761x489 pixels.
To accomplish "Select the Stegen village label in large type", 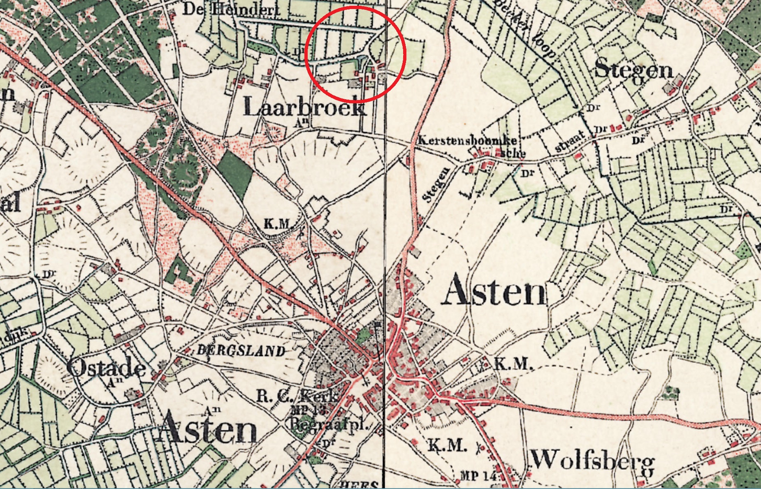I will [x=634, y=70].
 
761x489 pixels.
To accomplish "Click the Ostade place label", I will [x=106, y=367].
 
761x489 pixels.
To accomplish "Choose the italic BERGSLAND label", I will [x=241, y=351].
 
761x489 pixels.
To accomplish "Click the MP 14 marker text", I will [x=478, y=476].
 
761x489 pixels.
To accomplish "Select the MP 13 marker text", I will [x=308, y=410].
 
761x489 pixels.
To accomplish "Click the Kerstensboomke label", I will [x=467, y=140].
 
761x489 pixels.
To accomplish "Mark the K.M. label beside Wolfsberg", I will [x=447, y=445].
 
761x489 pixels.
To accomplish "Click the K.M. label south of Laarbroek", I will [x=278, y=224].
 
